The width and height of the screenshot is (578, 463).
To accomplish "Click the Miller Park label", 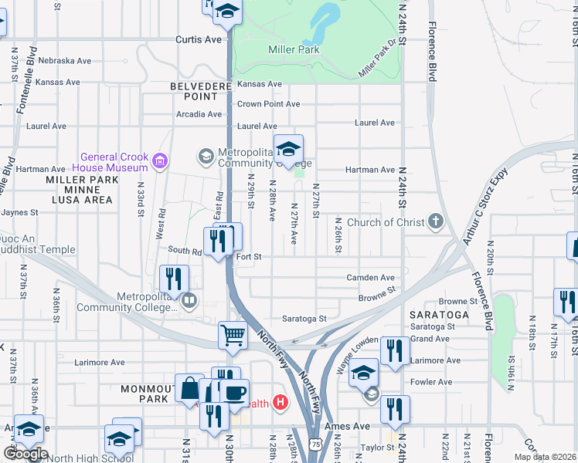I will [x=294, y=49].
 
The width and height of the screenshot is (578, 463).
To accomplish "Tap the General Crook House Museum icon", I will [x=161, y=161].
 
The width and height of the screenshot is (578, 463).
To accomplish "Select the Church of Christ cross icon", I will [x=436, y=223].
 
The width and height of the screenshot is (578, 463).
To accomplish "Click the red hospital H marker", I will [x=280, y=402].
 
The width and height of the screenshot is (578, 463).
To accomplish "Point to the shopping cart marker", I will [x=233, y=336].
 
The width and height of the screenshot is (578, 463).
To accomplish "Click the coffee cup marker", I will [x=235, y=393].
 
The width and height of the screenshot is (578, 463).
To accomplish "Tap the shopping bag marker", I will [x=189, y=388].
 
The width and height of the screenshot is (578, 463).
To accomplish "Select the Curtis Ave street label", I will [x=199, y=39].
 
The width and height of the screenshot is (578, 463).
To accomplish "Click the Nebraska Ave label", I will [x=65, y=60].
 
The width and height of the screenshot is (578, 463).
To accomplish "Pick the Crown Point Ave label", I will [x=268, y=104].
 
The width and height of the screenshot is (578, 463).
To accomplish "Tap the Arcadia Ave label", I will [x=199, y=114].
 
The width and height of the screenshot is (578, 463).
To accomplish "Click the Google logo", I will [x=25, y=454].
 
